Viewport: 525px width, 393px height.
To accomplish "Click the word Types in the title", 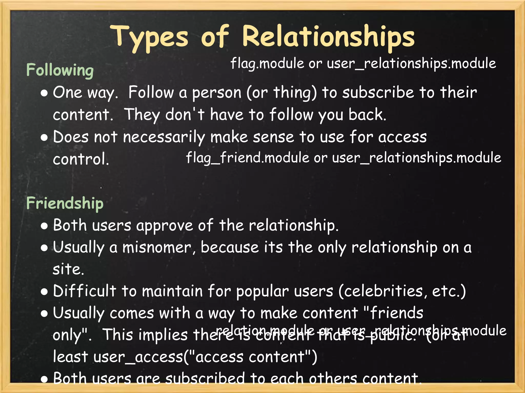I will [x=150, y=37].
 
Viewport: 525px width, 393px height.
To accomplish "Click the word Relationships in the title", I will [x=328, y=37].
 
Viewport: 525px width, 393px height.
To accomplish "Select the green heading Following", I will [x=60, y=70].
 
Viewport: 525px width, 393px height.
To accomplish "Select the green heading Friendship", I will [x=65, y=203].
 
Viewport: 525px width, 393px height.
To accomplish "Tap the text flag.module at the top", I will [x=267, y=63].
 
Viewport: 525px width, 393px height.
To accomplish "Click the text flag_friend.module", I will [x=248, y=158].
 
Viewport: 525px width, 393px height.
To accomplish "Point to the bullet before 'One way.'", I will [x=44, y=93].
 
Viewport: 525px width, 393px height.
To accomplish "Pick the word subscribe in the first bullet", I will [x=378, y=92].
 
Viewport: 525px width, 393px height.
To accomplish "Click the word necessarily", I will [x=164, y=137].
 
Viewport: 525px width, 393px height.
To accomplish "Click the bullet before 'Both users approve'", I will [x=44, y=226].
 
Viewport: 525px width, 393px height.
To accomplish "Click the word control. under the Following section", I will [x=81, y=159].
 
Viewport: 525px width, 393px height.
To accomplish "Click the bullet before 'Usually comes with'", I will [x=44, y=314].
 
